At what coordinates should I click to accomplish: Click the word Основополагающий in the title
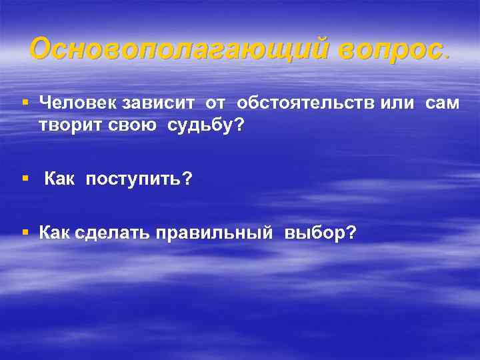(x=178, y=49)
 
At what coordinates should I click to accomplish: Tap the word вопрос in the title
(x=389, y=49)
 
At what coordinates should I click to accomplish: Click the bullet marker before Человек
(x=25, y=102)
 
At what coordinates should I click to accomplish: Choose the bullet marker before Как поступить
(x=25, y=179)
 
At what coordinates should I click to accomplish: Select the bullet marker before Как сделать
(x=25, y=232)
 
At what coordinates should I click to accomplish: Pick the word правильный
(x=214, y=233)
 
